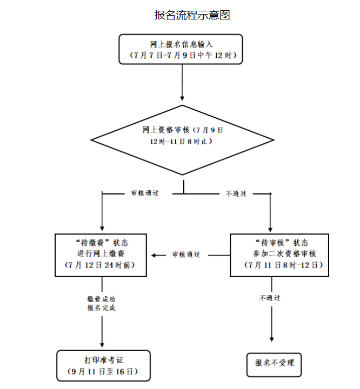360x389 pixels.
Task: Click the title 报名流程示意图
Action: pyautogui.click(x=192, y=15)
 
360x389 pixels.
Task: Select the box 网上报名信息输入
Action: pyautogui.click(x=181, y=49)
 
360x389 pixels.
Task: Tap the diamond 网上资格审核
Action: pyautogui.click(x=182, y=136)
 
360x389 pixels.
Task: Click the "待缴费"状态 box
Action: pyautogui.click(x=101, y=254)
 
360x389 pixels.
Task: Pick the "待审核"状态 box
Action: pyautogui.click(x=279, y=254)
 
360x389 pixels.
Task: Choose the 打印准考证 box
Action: pyautogui.click(x=102, y=365)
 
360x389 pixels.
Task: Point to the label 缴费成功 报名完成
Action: pyautogui.click(x=101, y=303)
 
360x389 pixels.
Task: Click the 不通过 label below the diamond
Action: pyautogui.click(x=236, y=193)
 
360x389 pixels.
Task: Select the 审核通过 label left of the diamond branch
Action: pyautogui.click(x=144, y=193)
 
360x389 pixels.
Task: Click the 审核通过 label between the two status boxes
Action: pyautogui.click(x=186, y=254)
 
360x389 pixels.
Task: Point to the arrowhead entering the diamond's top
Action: pyautogui.click(x=182, y=98)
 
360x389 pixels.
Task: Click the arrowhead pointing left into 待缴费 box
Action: pyautogui.click(x=154, y=254)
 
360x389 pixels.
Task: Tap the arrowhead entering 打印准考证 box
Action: pyautogui.click(x=102, y=345)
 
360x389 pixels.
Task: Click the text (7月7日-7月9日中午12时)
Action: pyautogui.click(x=181, y=55)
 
